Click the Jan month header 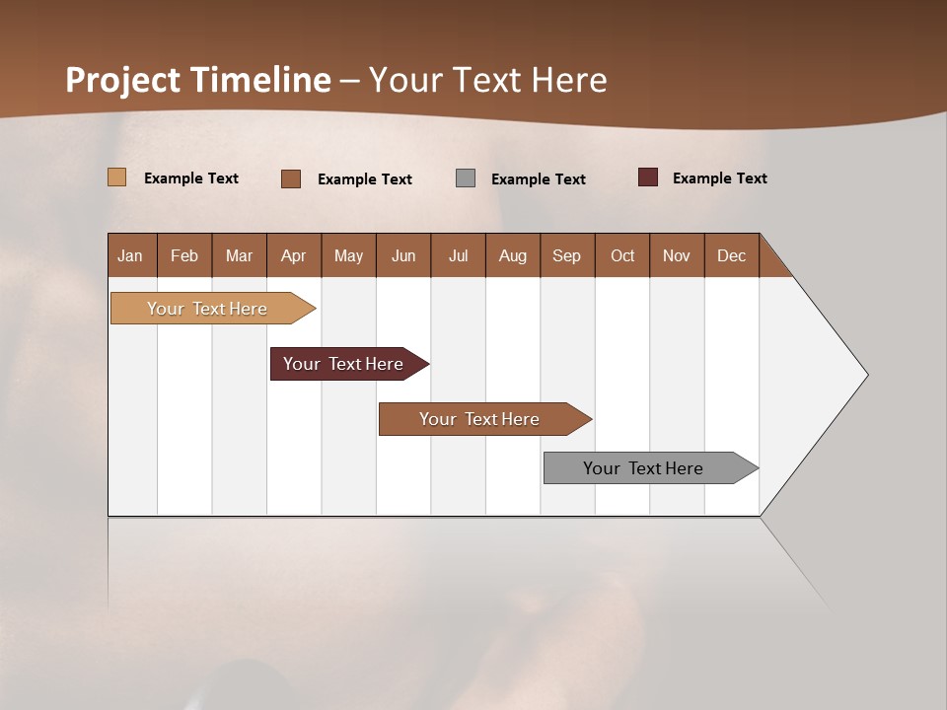click(130, 255)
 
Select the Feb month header click(184, 255)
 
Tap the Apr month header click(293, 255)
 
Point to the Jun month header click(403, 255)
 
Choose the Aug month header click(512, 255)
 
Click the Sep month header click(566, 255)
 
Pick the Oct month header click(622, 255)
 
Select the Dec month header click(731, 255)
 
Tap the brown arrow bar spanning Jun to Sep click(480, 419)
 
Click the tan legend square click(116, 177)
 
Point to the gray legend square click(466, 178)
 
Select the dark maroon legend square click(648, 177)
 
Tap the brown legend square click(291, 178)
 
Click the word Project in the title click(122, 80)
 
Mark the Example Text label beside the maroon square click(719, 178)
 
